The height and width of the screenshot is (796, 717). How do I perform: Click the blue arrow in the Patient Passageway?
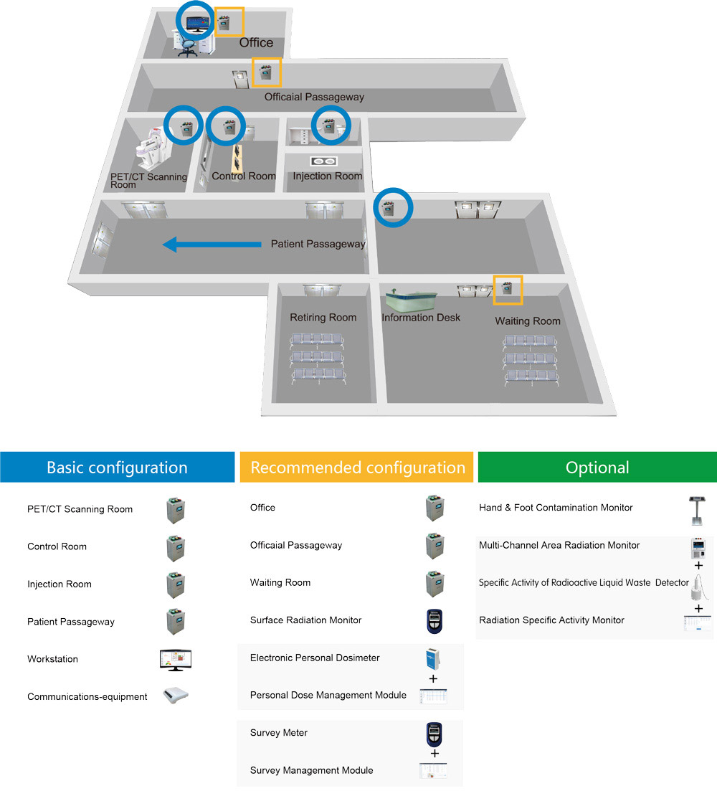click(x=212, y=245)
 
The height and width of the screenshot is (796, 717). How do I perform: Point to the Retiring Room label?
click(x=323, y=318)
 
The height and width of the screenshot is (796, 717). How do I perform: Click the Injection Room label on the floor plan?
click(x=328, y=176)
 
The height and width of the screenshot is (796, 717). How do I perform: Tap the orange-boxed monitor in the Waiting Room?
click(x=508, y=289)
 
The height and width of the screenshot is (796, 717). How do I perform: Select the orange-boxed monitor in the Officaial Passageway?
click(x=266, y=72)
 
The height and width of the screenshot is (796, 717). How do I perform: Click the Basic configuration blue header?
click(x=117, y=468)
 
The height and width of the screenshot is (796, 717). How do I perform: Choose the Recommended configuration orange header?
click(x=357, y=468)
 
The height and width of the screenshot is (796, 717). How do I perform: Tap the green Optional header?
click(x=597, y=468)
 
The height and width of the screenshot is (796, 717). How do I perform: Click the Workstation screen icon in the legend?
click(x=175, y=659)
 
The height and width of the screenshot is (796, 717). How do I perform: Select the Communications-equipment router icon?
click(x=175, y=696)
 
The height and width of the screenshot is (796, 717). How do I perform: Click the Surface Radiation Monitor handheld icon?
click(x=433, y=621)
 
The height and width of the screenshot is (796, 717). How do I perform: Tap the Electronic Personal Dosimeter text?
click(x=315, y=658)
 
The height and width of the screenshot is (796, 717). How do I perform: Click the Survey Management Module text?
click(x=311, y=770)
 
